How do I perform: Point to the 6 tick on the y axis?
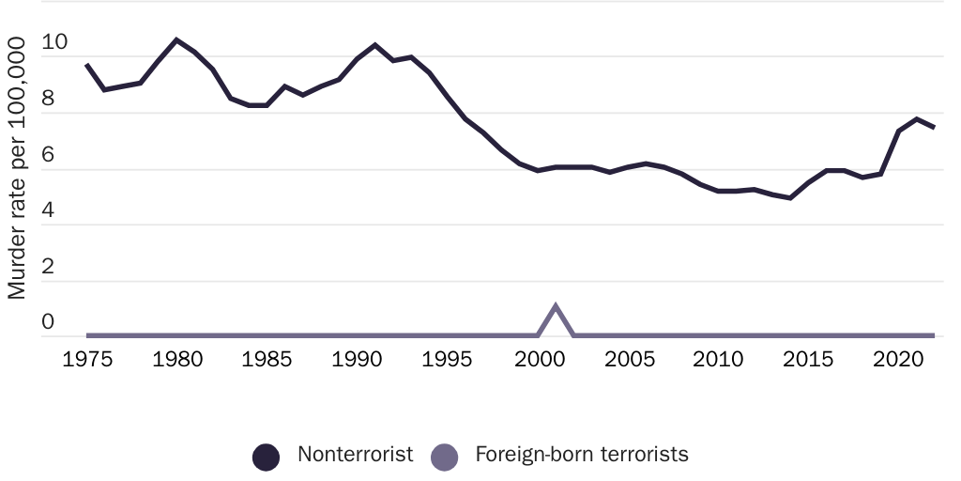coord(49,156)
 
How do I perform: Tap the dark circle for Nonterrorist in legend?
coord(267,458)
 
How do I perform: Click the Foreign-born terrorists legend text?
coord(582,455)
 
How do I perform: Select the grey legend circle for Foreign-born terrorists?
coord(444,458)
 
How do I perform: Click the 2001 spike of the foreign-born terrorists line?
coord(556,306)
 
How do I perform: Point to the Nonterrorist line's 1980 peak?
coord(176,39)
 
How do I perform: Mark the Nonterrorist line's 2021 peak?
coord(917,119)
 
